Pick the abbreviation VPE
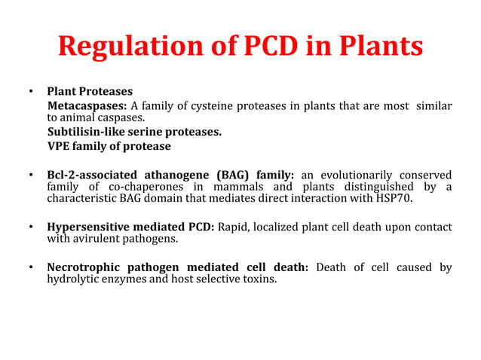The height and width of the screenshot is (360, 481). [60, 146]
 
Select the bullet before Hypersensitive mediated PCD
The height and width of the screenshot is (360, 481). [31, 227]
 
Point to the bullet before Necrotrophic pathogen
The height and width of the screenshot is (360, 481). [31, 268]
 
